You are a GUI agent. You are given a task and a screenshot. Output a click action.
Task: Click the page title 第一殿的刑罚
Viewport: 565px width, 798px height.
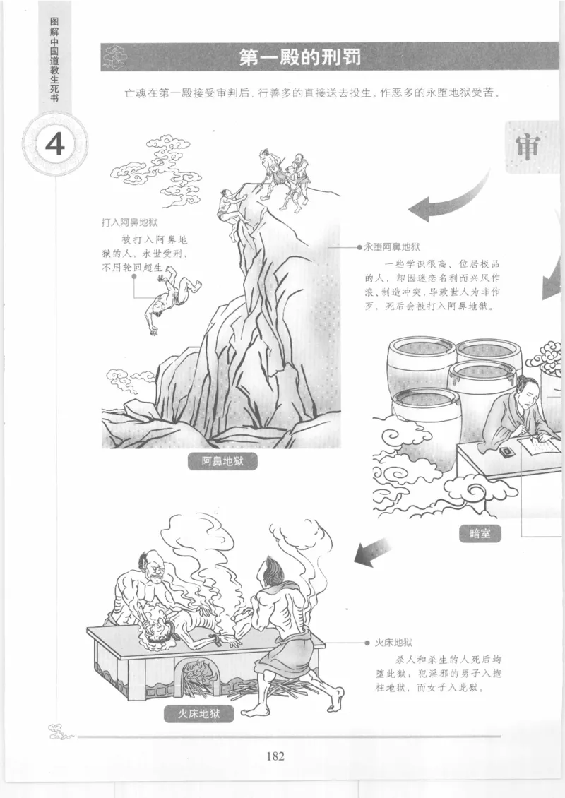point(299,57)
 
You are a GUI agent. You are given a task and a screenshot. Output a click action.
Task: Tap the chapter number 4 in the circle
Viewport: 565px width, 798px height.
point(54,144)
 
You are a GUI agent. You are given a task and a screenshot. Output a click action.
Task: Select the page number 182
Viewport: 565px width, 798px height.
point(275,756)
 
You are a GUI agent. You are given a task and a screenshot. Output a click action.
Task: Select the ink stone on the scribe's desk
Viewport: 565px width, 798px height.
point(507,450)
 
